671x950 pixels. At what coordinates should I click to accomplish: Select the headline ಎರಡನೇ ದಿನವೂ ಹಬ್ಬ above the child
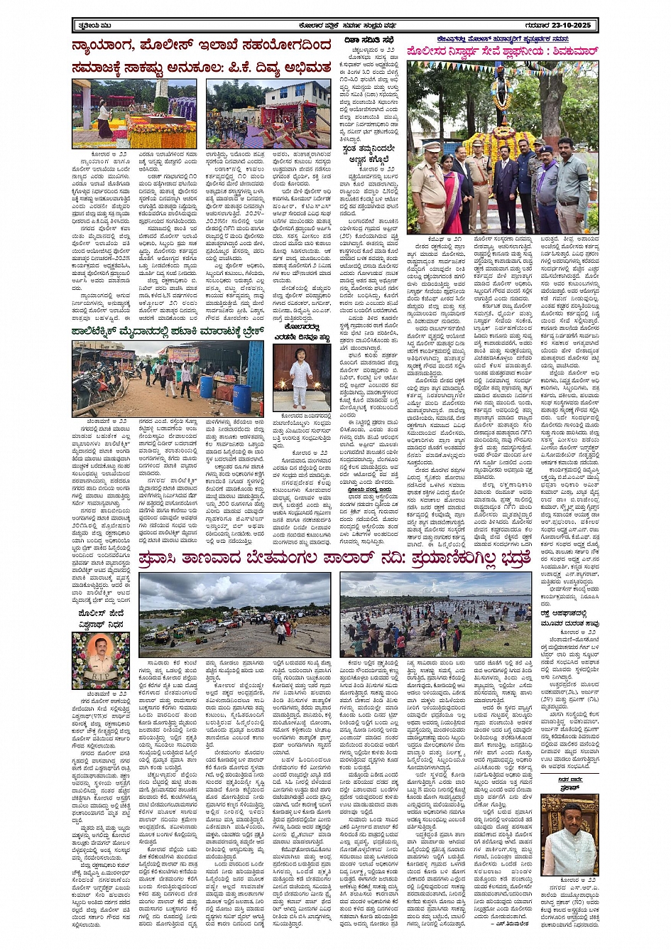click(x=302, y=335)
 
